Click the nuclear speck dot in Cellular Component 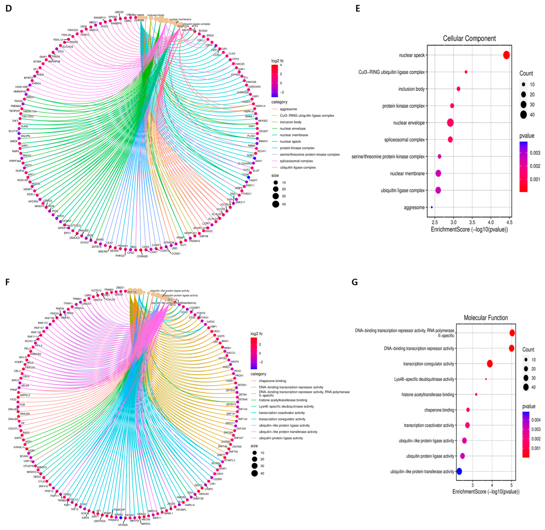pyautogui.click(x=506, y=55)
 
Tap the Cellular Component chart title pyautogui.click(x=469, y=38)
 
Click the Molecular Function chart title pyautogui.click(x=486, y=318)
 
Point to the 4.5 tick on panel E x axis pyautogui.click(x=510, y=222)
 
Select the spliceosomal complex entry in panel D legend pyautogui.click(x=297, y=161)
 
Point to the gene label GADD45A pyautogui.click(x=254, y=87)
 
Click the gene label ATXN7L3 pyautogui.click(x=230, y=460)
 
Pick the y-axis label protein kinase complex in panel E pyautogui.click(x=403, y=106)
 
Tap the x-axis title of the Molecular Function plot pyautogui.click(x=486, y=492)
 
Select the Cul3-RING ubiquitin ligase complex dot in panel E pyautogui.click(x=466, y=72)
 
